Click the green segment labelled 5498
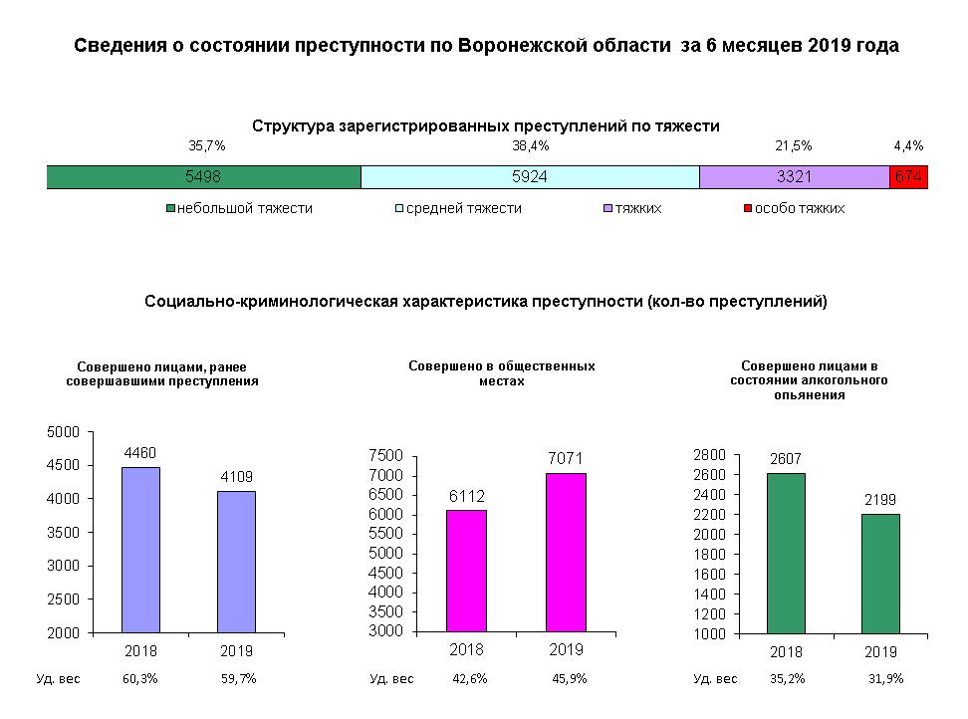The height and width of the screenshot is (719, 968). coord(203,177)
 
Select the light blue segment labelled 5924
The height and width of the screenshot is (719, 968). coord(530,177)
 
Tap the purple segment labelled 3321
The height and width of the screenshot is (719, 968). coord(794,177)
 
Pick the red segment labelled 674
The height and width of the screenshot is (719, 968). coord(908,177)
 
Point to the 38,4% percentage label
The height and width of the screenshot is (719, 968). coord(530,145)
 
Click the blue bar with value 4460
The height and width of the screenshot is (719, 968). coord(140,549)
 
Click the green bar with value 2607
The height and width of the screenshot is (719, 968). coord(785,553)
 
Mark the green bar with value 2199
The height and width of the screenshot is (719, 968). coord(880,573)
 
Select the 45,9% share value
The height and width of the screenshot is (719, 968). coord(569,679)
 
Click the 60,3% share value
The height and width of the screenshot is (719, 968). coord(140,679)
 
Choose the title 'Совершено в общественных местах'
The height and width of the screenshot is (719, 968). coord(502,372)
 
